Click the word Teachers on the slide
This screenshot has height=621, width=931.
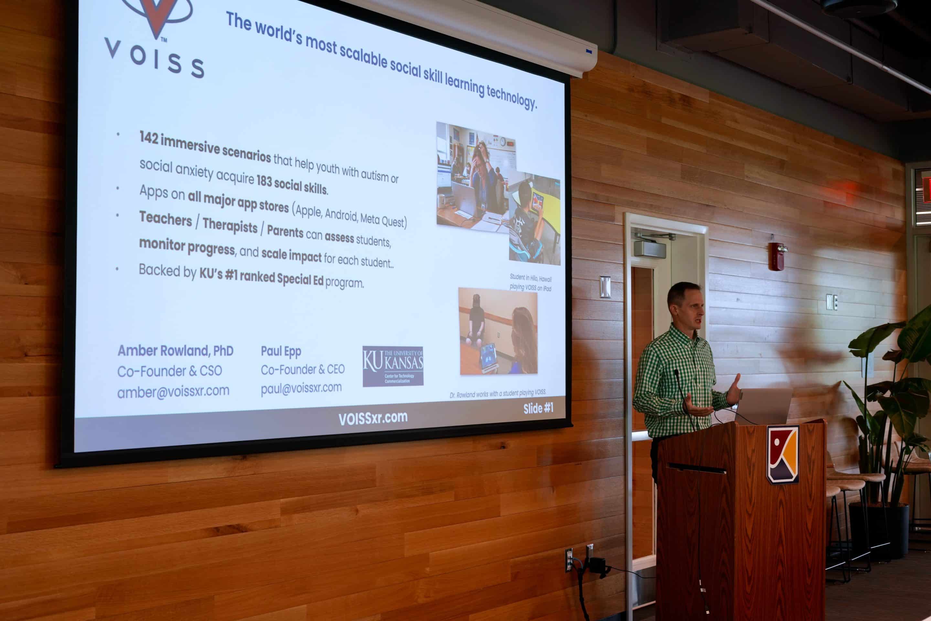tap(166, 218)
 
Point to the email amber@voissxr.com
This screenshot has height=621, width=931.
tap(173, 391)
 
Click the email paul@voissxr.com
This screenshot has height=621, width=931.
tap(301, 388)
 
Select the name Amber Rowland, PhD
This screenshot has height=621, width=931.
tap(175, 351)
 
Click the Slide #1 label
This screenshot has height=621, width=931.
tap(538, 408)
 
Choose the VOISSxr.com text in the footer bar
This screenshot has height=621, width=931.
tap(373, 418)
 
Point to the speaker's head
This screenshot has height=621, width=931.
tap(685, 305)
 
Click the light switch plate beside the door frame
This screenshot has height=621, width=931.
tap(605, 287)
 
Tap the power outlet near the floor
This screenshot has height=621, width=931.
tap(569, 560)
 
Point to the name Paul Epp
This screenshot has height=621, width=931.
tap(281, 351)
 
